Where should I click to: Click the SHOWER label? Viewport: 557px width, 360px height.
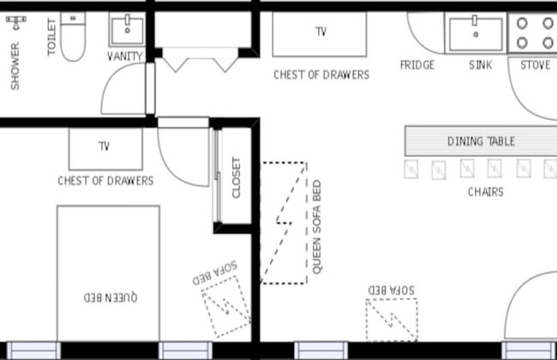pos(15,66)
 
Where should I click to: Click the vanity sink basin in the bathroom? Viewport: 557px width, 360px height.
pos(128,28)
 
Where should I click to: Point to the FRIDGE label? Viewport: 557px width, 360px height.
pos(417,65)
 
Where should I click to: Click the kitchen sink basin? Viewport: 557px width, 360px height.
pos(475,33)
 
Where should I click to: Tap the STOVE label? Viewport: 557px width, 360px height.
pos(536,65)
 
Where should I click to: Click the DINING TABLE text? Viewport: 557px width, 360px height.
pos(481,141)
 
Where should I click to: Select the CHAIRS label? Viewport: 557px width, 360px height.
pos(485,192)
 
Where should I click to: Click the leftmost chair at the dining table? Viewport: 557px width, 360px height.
pos(411,169)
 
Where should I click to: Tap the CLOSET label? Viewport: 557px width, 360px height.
pos(237,177)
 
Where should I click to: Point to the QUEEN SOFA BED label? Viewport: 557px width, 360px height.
pos(317,227)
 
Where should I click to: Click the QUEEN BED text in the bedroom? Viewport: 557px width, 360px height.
pos(110,297)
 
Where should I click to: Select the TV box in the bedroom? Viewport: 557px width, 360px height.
pos(105,147)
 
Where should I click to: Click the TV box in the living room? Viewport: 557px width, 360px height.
pos(320,33)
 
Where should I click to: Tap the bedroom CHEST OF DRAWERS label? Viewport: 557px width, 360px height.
pos(105,181)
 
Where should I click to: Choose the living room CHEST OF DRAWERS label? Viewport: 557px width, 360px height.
pos(321,75)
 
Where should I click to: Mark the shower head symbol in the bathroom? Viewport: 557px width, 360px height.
pos(15,26)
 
